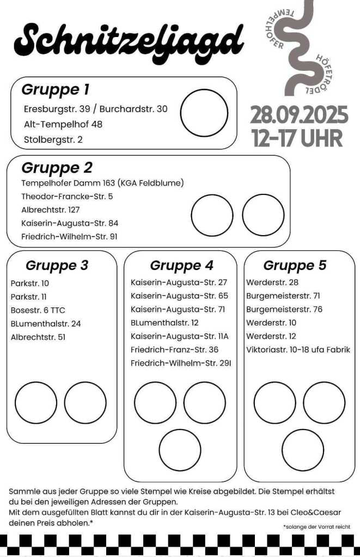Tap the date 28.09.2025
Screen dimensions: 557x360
click(299, 115)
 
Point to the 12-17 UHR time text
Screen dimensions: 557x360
click(298, 137)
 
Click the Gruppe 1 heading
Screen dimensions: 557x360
click(55, 89)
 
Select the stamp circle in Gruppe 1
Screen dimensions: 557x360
click(204, 113)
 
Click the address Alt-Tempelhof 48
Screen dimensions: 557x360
click(63, 124)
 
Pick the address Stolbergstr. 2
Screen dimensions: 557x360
click(53, 139)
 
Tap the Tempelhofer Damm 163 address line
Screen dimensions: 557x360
click(102, 183)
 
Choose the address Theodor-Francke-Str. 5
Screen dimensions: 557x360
click(67, 196)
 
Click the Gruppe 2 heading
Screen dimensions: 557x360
click(57, 167)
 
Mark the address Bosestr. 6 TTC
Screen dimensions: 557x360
click(38, 310)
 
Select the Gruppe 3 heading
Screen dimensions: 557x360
click(57, 266)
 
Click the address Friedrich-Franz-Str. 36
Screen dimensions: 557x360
click(174, 350)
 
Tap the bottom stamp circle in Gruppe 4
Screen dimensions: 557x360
click(180, 450)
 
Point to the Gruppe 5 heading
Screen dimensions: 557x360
click(295, 265)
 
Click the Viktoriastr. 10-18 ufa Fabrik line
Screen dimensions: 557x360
click(298, 350)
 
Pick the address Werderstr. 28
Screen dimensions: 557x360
click(272, 283)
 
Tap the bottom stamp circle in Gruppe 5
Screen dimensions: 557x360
click(303, 450)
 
